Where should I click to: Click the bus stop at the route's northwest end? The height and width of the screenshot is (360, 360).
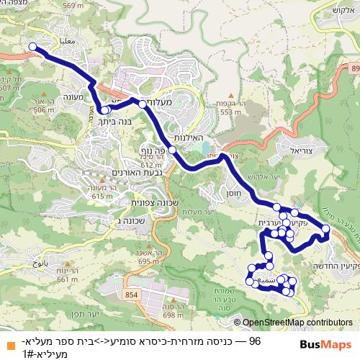32,48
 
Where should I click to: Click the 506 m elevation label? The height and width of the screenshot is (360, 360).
44,110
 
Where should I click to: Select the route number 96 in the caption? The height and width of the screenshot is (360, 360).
254,339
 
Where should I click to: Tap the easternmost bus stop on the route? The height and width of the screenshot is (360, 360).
325,229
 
